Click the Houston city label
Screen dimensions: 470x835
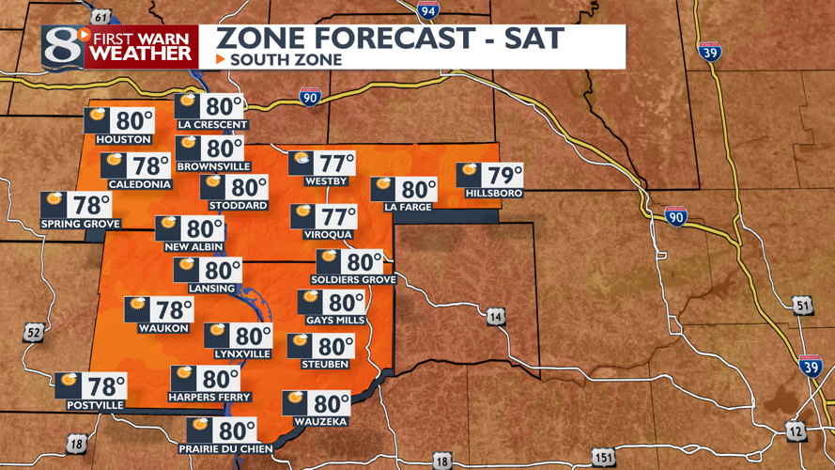pyautogui.click(x=117, y=140)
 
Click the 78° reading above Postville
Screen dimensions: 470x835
pyautogui.click(x=105, y=385)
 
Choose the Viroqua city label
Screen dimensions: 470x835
pyautogui.click(x=328, y=234)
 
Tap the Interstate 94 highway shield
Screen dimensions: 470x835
pyautogui.click(x=428, y=10)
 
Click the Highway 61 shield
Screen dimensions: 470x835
pyautogui.click(x=101, y=16)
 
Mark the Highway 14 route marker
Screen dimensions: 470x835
pyautogui.click(x=494, y=317)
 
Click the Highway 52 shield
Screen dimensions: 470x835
pyautogui.click(x=34, y=332)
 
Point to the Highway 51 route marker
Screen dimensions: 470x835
pyautogui.click(x=801, y=305)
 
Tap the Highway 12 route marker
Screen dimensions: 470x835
pyautogui.click(x=795, y=431)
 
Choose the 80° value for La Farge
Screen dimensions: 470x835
pyautogui.click(x=418, y=190)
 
